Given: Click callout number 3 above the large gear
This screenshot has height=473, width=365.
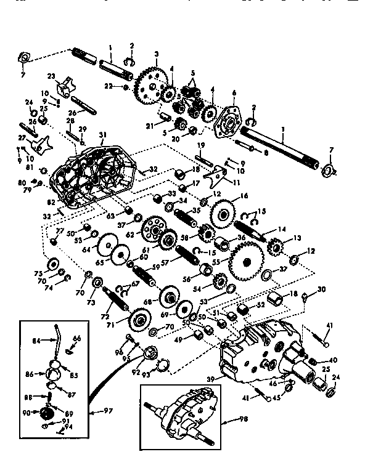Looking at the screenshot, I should click(x=157, y=54).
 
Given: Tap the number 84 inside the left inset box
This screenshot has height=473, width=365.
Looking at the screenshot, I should click(x=36, y=338).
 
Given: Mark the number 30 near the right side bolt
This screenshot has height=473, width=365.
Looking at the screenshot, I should click(x=322, y=289).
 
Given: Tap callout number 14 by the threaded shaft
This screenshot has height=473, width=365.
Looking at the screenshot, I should click(x=283, y=229).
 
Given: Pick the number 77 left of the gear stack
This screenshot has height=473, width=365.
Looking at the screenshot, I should click(x=60, y=231).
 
